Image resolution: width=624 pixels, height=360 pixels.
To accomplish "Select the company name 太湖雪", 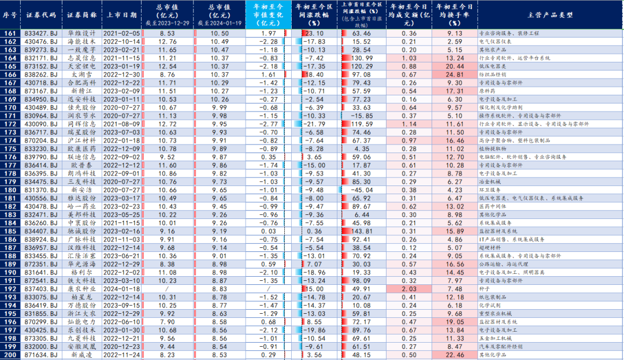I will pyautogui.click(x=81, y=75).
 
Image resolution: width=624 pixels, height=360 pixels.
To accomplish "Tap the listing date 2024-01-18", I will pyautogui.click(x=122, y=288).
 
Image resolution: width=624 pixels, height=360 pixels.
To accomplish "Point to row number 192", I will pyautogui.click(x=10, y=288).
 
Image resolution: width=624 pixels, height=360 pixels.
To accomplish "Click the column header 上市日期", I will pyautogui.click(x=122, y=14).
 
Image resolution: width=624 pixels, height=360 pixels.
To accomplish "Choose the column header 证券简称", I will pyautogui.click(x=81, y=14).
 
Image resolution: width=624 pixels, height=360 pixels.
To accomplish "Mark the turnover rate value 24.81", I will pyautogui.click(x=455, y=75).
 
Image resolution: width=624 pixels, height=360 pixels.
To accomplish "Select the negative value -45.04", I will pyautogui.click(x=363, y=190).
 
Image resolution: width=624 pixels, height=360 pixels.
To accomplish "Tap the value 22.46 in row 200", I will pyautogui.click(x=455, y=354).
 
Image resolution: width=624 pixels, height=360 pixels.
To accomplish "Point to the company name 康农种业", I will pyautogui.click(x=81, y=288).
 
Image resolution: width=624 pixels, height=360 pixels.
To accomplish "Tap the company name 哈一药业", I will pyautogui.click(x=81, y=206).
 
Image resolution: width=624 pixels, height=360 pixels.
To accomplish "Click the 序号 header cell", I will pyautogui.click(x=10, y=14).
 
